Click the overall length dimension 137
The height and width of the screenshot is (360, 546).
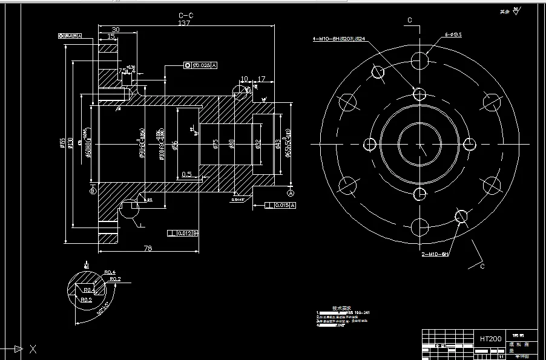click(x=184, y=23)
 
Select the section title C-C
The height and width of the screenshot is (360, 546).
click(x=186, y=15)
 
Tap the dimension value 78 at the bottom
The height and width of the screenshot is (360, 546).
click(x=147, y=249)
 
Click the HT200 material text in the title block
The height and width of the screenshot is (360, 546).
click(x=490, y=339)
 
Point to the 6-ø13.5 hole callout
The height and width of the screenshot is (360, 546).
click(x=453, y=35)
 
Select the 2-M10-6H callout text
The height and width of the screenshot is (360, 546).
click(x=435, y=255)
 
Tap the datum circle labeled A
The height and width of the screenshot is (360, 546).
click(x=291, y=193)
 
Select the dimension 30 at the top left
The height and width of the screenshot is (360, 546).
click(x=115, y=30)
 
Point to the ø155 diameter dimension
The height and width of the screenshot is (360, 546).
click(x=62, y=143)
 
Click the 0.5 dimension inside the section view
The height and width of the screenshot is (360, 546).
click(x=187, y=175)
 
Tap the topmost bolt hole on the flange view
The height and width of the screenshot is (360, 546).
click(x=419, y=61)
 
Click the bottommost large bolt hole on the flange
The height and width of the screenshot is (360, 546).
click(x=419, y=227)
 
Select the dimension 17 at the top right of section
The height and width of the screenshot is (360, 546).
click(x=261, y=79)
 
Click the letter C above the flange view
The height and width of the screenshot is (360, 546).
click(x=409, y=20)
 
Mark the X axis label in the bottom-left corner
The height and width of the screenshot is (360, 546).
click(x=33, y=349)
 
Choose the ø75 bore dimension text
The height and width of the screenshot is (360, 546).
click(x=215, y=143)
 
